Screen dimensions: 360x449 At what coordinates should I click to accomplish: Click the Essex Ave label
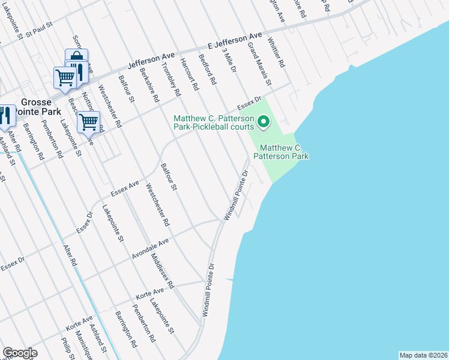(125, 188)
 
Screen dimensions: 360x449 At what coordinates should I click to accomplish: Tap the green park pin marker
(263, 124)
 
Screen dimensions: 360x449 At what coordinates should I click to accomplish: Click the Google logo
(20, 353)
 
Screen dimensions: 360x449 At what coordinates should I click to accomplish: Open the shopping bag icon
(76, 58)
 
